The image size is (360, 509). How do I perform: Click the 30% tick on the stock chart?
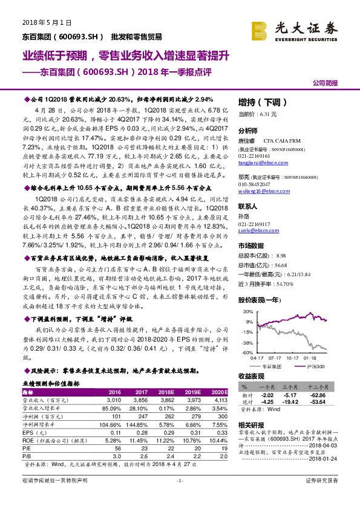pos(248,312)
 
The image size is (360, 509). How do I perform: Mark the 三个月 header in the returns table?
pos(292,386)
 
